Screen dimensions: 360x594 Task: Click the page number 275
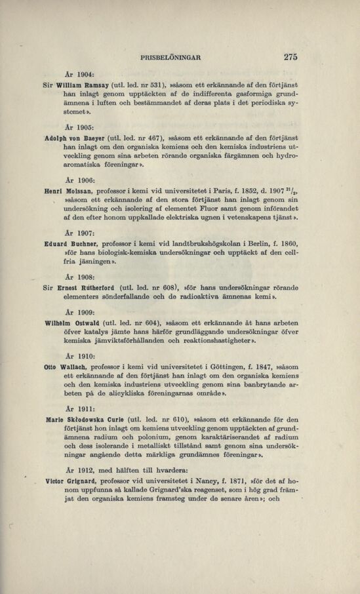pyautogui.click(x=290, y=57)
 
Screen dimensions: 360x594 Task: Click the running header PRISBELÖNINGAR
pyautogui.click(x=170, y=58)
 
